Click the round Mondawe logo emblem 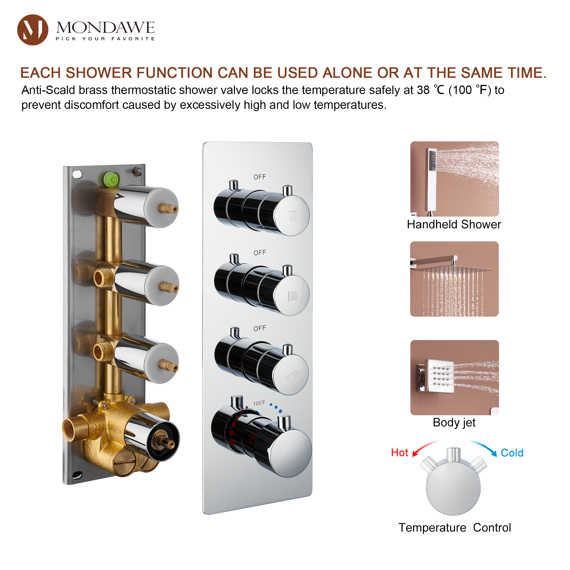pyautogui.click(x=33, y=30)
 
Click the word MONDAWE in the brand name pyautogui.click(x=105, y=28)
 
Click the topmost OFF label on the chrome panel pyautogui.click(x=260, y=177)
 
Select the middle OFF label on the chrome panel pyautogui.click(x=260, y=253)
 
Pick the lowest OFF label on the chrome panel pyautogui.click(x=260, y=328)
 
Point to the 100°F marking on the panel pyautogui.click(x=259, y=403)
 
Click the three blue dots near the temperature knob pyautogui.click(x=276, y=408)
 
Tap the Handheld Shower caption pyautogui.click(x=454, y=225)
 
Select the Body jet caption pyautogui.click(x=454, y=422)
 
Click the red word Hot pyautogui.click(x=400, y=453)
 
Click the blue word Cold pyautogui.click(x=512, y=453)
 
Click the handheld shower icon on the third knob pyautogui.click(x=292, y=375)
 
